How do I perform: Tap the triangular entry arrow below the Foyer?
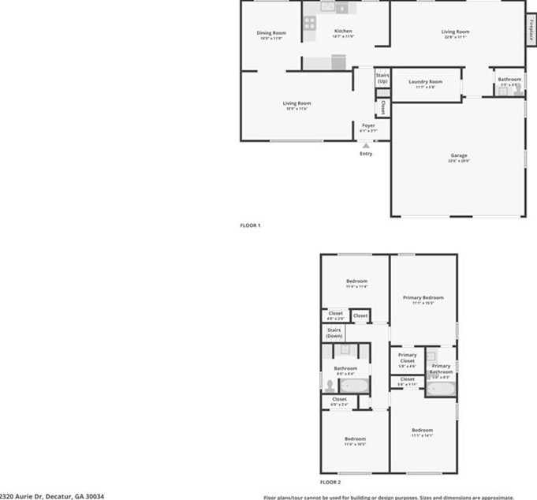[365, 145]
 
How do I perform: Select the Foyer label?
[368, 126]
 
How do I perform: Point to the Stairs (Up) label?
[382, 78]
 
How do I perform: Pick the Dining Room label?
[271, 34]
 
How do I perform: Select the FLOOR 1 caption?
[250, 226]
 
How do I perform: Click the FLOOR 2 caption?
[330, 481]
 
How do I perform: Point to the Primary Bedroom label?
[423, 298]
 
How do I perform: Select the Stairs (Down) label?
[334, 332]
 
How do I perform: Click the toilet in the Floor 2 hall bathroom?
[329, 385]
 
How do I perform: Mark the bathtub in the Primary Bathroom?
[440, 388]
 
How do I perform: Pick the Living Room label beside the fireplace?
[455, 33]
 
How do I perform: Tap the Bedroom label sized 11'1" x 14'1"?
[422, 432]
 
